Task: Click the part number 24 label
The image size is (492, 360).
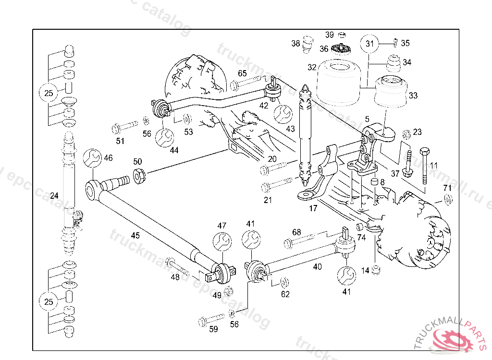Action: pyautogui.click(x=54, y=196)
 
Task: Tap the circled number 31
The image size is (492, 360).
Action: pyautogui.click(x=369, y=44)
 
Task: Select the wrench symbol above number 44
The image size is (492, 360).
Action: pyautogui.click(x=164, y=137)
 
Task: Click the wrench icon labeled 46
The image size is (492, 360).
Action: pyautogui.click(x=92, y=157)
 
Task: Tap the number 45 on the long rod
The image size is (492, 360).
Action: pyautogui.click(x=135, y=235)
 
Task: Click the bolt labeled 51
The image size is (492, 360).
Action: pyautogui.click(x=124, y=128)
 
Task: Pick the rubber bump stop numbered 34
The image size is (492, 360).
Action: pyautogui.click(x=393, y=65)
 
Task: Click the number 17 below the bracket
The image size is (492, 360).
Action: pyautogui.click(x=313, y=208)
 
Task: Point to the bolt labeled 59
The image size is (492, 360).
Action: pyautogui.click(x=211, y=319)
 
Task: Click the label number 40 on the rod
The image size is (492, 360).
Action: pyautogui.click(x=317, y=266)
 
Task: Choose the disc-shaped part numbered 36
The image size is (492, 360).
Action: pyautogui.click(x=342, y=49)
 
